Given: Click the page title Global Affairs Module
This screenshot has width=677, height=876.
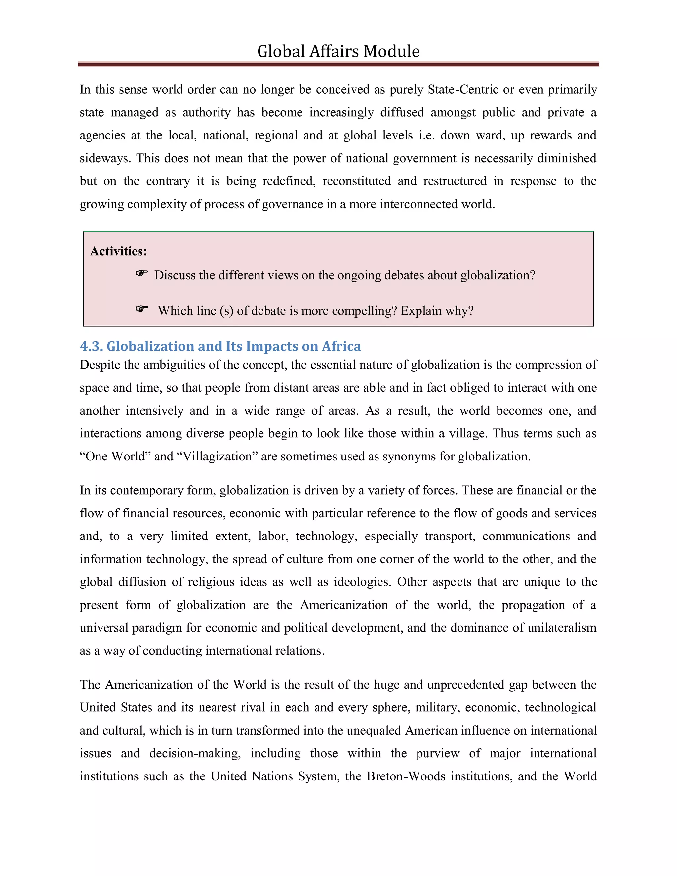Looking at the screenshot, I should click(338, 51).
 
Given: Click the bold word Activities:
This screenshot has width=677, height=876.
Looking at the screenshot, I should click(118, 251).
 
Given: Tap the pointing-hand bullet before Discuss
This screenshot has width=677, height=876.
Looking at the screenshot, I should click(141, 274).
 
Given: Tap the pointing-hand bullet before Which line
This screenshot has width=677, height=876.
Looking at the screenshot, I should click(141, 309).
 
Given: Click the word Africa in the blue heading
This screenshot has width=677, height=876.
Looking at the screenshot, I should click(341, 346).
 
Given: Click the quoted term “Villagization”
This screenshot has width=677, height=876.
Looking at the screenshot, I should click(217, 457).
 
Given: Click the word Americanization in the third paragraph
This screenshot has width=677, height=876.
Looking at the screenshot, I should click(344, 605).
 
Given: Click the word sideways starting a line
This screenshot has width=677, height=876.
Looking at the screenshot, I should click(105, 158).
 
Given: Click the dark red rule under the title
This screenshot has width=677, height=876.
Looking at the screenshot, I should click(338, 64).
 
